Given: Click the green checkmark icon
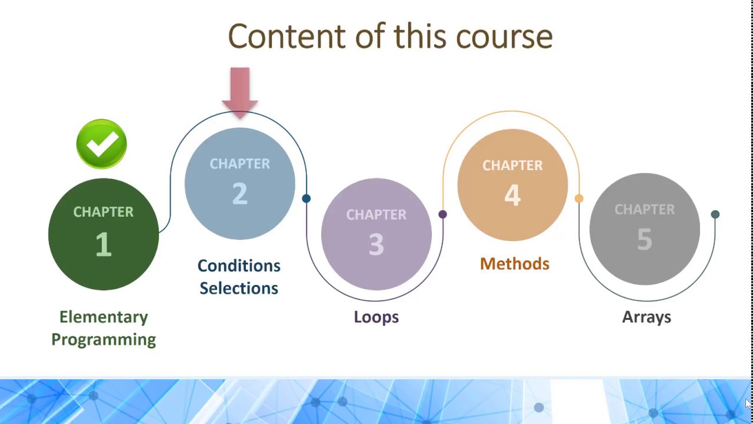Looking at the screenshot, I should tap(101, 144).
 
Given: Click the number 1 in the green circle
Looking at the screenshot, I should tap(104, 244).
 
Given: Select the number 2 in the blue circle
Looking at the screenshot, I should tap(239, 194).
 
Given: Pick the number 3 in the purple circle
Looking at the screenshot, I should tap(376, 244).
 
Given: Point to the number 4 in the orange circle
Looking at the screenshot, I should tap(512, 195).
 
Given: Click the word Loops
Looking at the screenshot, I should tap(376, 317).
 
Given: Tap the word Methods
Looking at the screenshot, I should tap(514, 264).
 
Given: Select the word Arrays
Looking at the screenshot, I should tap(647, 317).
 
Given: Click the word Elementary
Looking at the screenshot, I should tap(104, 317).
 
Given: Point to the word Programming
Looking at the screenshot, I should tap(104, 340).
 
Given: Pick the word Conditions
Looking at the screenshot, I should tap(239, 266).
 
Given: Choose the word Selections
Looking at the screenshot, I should tap(239, 289).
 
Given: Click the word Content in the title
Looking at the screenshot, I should tap(286, 37).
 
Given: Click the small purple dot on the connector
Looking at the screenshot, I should tap(442, 214).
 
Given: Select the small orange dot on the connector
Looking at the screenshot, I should tap(579, 199).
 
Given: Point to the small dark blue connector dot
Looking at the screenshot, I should tap(306, 198).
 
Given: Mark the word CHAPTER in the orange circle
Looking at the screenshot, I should tap(512, 165).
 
